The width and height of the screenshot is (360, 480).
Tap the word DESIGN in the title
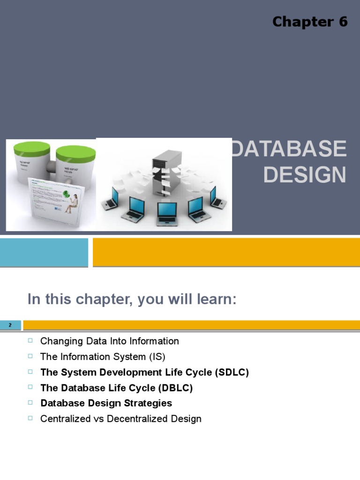(x=305, y=175)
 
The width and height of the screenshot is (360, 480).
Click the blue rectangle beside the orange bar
(x=44, y=252)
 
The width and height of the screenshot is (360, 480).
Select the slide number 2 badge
(x=10, y=325)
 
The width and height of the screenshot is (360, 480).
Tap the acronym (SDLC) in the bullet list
(x=232, y=372)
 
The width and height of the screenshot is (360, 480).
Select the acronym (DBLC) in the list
(x=175, y=388)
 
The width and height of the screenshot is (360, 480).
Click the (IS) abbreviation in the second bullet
(x=157, y=357)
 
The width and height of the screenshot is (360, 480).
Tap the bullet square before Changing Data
(x=31, y=340)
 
